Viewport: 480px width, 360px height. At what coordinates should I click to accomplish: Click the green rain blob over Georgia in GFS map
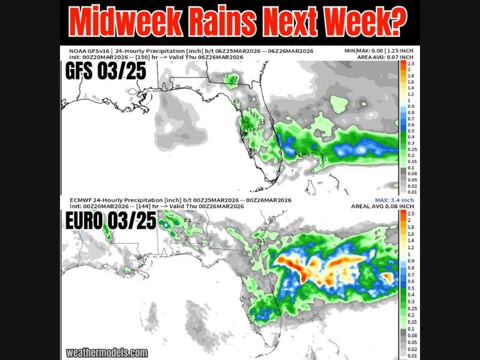click(234, 77)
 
